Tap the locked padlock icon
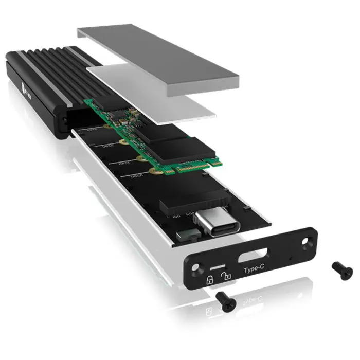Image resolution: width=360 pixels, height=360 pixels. click(209, 280)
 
